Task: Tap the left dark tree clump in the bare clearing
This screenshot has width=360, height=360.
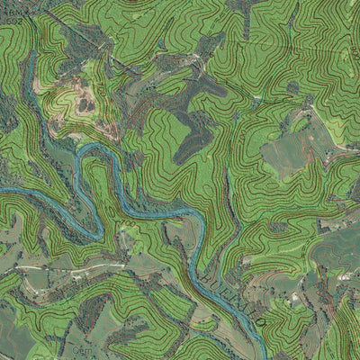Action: (x=84, y=105)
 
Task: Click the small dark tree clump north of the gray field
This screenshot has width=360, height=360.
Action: (x=292, y=88)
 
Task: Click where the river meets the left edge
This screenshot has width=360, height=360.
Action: (x=2, y=189)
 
